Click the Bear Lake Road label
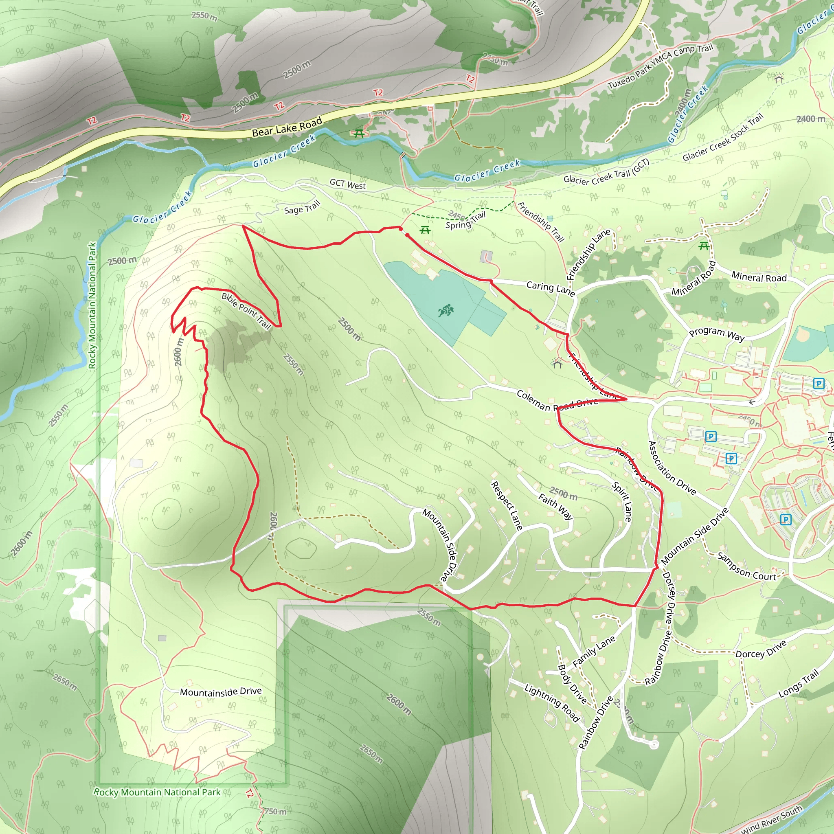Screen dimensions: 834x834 click(x=287, y=127)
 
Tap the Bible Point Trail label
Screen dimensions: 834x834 click(x=246, y=310)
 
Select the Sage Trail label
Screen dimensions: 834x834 click(x=302, y=207)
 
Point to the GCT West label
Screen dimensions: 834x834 click(x=347, y=184)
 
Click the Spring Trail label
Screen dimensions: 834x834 click(x=465, y=220)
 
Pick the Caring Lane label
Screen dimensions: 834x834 click(x=551, y=288)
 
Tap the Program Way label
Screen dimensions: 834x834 click(x=717, y=334)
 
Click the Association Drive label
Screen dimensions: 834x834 click(x=672, y=468)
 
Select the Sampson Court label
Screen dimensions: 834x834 click(x=746, y=566)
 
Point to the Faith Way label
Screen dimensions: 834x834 click(x=555, y=506)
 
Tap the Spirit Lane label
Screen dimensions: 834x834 click(x=622, y=502)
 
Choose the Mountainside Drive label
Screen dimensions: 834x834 click(x=221, y=691)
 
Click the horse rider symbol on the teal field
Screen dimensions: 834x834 click(x=446, y=310)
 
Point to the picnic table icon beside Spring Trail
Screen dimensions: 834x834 click(x=425, y=230)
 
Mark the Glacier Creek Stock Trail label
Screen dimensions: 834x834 click(x=723, y=137)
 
